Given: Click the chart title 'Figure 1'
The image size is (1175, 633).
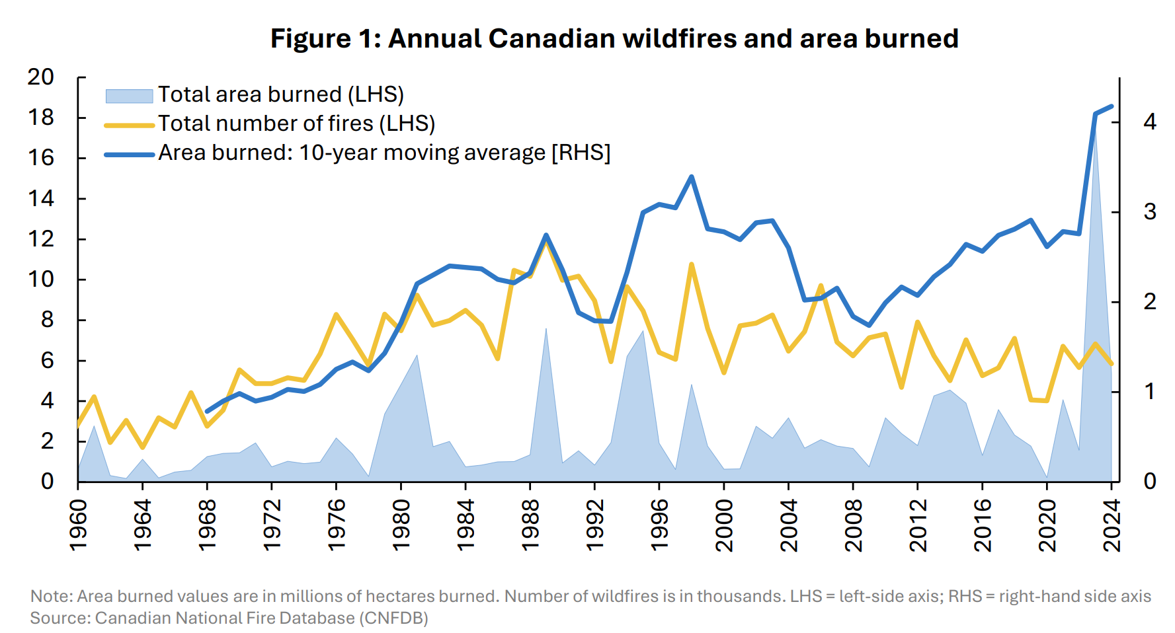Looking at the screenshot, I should (614, 38).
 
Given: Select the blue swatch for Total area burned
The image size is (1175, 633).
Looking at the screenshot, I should (129, 96).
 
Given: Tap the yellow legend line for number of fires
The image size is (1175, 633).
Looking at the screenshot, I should (129, 124).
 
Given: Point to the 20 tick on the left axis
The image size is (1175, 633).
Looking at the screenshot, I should (41, 77).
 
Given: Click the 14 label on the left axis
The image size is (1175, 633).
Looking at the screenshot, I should (41, 198).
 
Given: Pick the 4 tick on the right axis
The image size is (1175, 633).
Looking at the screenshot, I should (1150, 122).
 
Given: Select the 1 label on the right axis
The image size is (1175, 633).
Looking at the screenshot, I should (1150, 391).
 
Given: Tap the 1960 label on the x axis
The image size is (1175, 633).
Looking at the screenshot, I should (78, 525).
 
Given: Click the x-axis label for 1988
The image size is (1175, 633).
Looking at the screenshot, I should (530, 525).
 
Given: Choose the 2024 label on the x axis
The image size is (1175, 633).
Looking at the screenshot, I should (1112, 525).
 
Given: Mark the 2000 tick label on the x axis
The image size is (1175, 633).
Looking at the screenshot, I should (724, 525).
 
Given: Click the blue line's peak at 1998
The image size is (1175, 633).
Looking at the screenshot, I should (692, 176).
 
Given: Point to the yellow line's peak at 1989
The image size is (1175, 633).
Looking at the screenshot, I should (546, 242).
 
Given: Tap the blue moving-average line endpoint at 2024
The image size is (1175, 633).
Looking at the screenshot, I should (1112, 106).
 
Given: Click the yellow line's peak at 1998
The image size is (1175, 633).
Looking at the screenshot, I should (692, 264).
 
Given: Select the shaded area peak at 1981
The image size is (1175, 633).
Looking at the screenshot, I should (417, 355).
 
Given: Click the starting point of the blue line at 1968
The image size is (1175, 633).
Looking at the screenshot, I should (207, 412).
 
